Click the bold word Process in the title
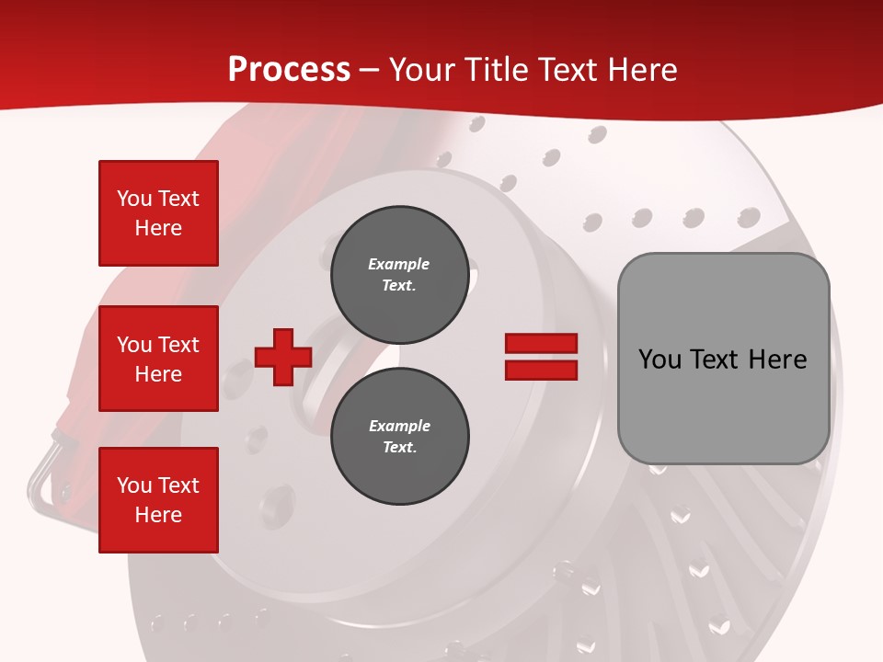point(289,70)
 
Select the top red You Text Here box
point(158,213)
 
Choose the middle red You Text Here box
point(158,359)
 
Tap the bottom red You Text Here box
point(158,500)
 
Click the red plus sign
point(283,357)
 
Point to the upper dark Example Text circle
point(399,275)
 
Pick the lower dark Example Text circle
point(399,437)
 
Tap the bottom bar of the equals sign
point(541,370)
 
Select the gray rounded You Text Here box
point(723,359)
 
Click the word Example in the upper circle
point(399,264)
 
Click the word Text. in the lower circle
point(399,448)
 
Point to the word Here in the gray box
point(777,360)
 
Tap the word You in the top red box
point(134,199)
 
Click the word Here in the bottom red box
point(158,515)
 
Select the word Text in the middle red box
point(178,345)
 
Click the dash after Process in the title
point(370,70)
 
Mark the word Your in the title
point(421,70)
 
